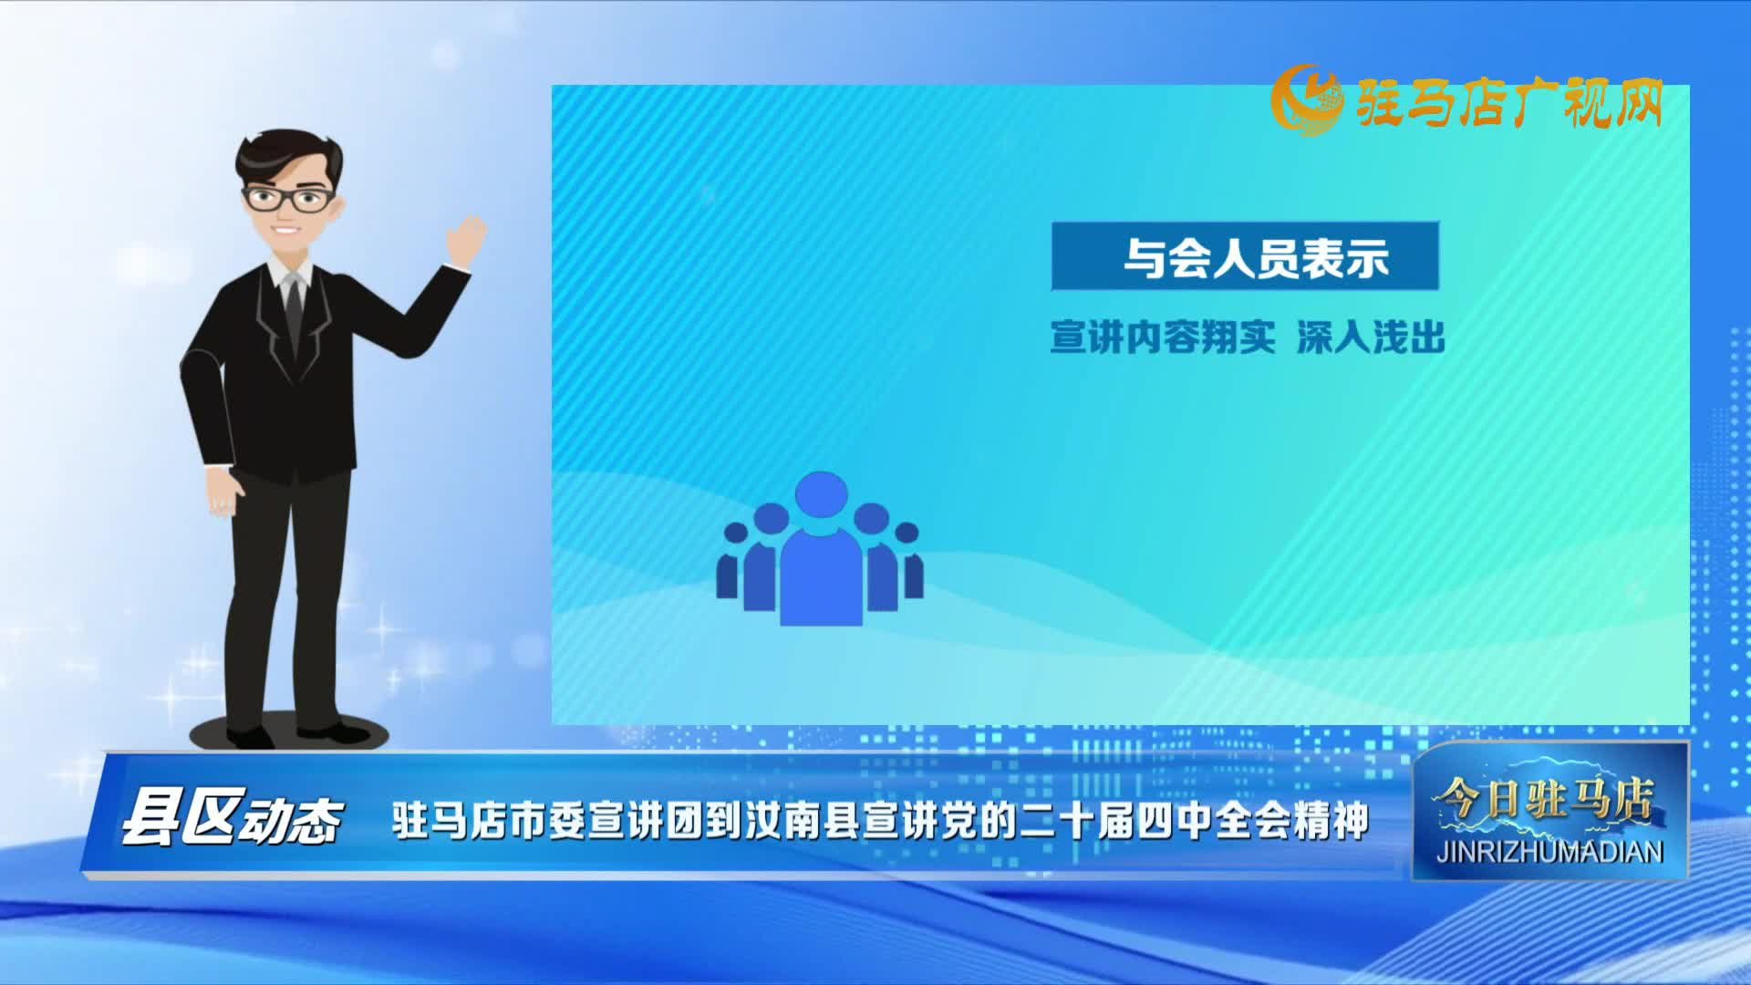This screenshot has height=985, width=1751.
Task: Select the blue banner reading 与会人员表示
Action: [x=1245, y=256]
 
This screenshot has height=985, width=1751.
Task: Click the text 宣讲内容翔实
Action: [x=1162, y=337]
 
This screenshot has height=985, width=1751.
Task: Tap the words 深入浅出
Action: [x=1371, y=337]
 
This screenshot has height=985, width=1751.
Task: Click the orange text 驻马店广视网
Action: [x=1509, y=103]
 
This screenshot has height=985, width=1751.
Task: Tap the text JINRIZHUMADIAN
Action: [x=1549, y=852]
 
